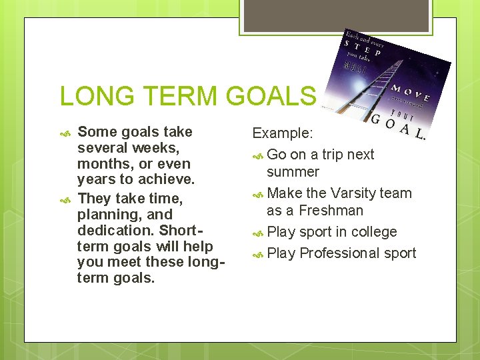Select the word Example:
281,133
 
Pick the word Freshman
331,211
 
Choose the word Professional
339,253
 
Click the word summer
293,172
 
